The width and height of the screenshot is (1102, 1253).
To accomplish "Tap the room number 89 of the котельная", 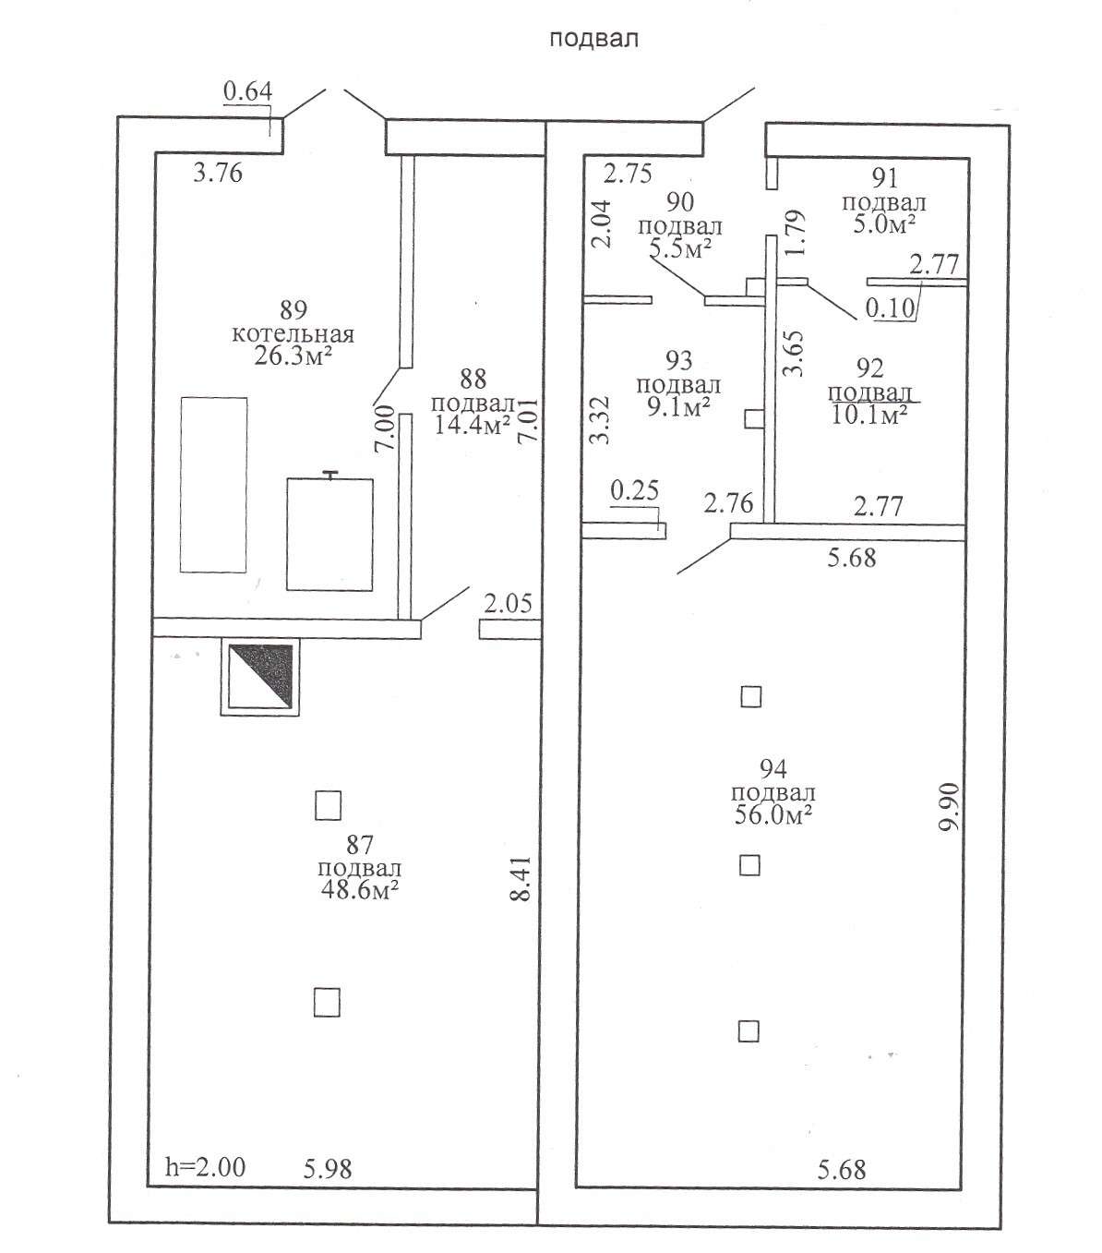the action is click(293, 310).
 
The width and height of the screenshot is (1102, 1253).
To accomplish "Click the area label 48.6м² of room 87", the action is click(359, 891).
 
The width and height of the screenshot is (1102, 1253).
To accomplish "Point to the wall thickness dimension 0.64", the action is click(248, 91).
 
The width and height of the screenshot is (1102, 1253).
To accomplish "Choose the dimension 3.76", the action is click(218, 174).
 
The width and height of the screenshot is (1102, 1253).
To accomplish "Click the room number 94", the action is click(773, 769).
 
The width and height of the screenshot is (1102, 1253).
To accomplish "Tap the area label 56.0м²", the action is click(773, 815).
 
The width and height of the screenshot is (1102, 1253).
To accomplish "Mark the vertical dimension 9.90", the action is click(950, 808).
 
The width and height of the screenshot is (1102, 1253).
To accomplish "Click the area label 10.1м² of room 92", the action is click(868, 415).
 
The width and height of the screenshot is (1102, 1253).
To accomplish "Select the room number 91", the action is click(885, 179).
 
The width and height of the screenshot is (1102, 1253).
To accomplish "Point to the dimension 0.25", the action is click(634, 491).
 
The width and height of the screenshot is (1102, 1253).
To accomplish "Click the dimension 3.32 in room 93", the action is click(601, 420).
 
